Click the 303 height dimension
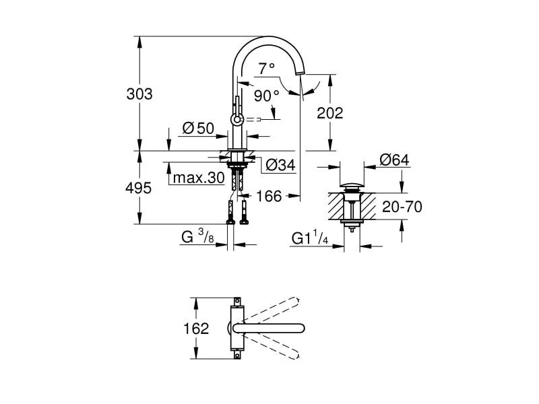[x=139, y=94]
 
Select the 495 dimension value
[x=139, y=189]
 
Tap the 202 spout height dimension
[x=329, y=112]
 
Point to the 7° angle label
[x=267, y=67]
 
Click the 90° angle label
[x=266, y=96]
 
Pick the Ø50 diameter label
[x=197, y=128]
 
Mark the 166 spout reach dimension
[x=268, y=197]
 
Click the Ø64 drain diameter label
[x=395, y=160]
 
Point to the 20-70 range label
[x=402, y=207]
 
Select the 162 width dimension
[x=196, y=329]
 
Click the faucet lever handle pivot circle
[x=236, y=119]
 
